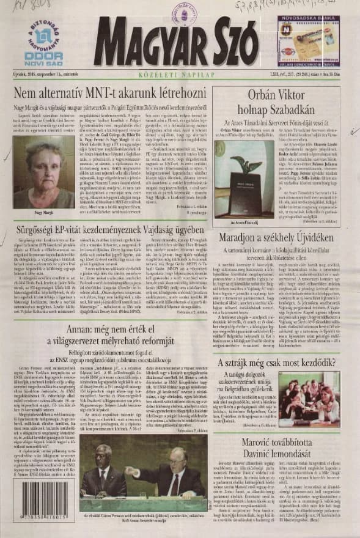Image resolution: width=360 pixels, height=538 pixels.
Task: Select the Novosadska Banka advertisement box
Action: [309, 40]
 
